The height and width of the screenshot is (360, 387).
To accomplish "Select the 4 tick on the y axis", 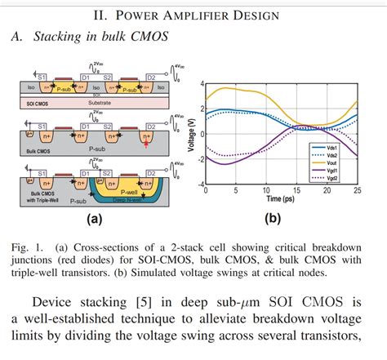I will [197, 83].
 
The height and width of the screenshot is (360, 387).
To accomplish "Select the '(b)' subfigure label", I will [273, 220].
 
